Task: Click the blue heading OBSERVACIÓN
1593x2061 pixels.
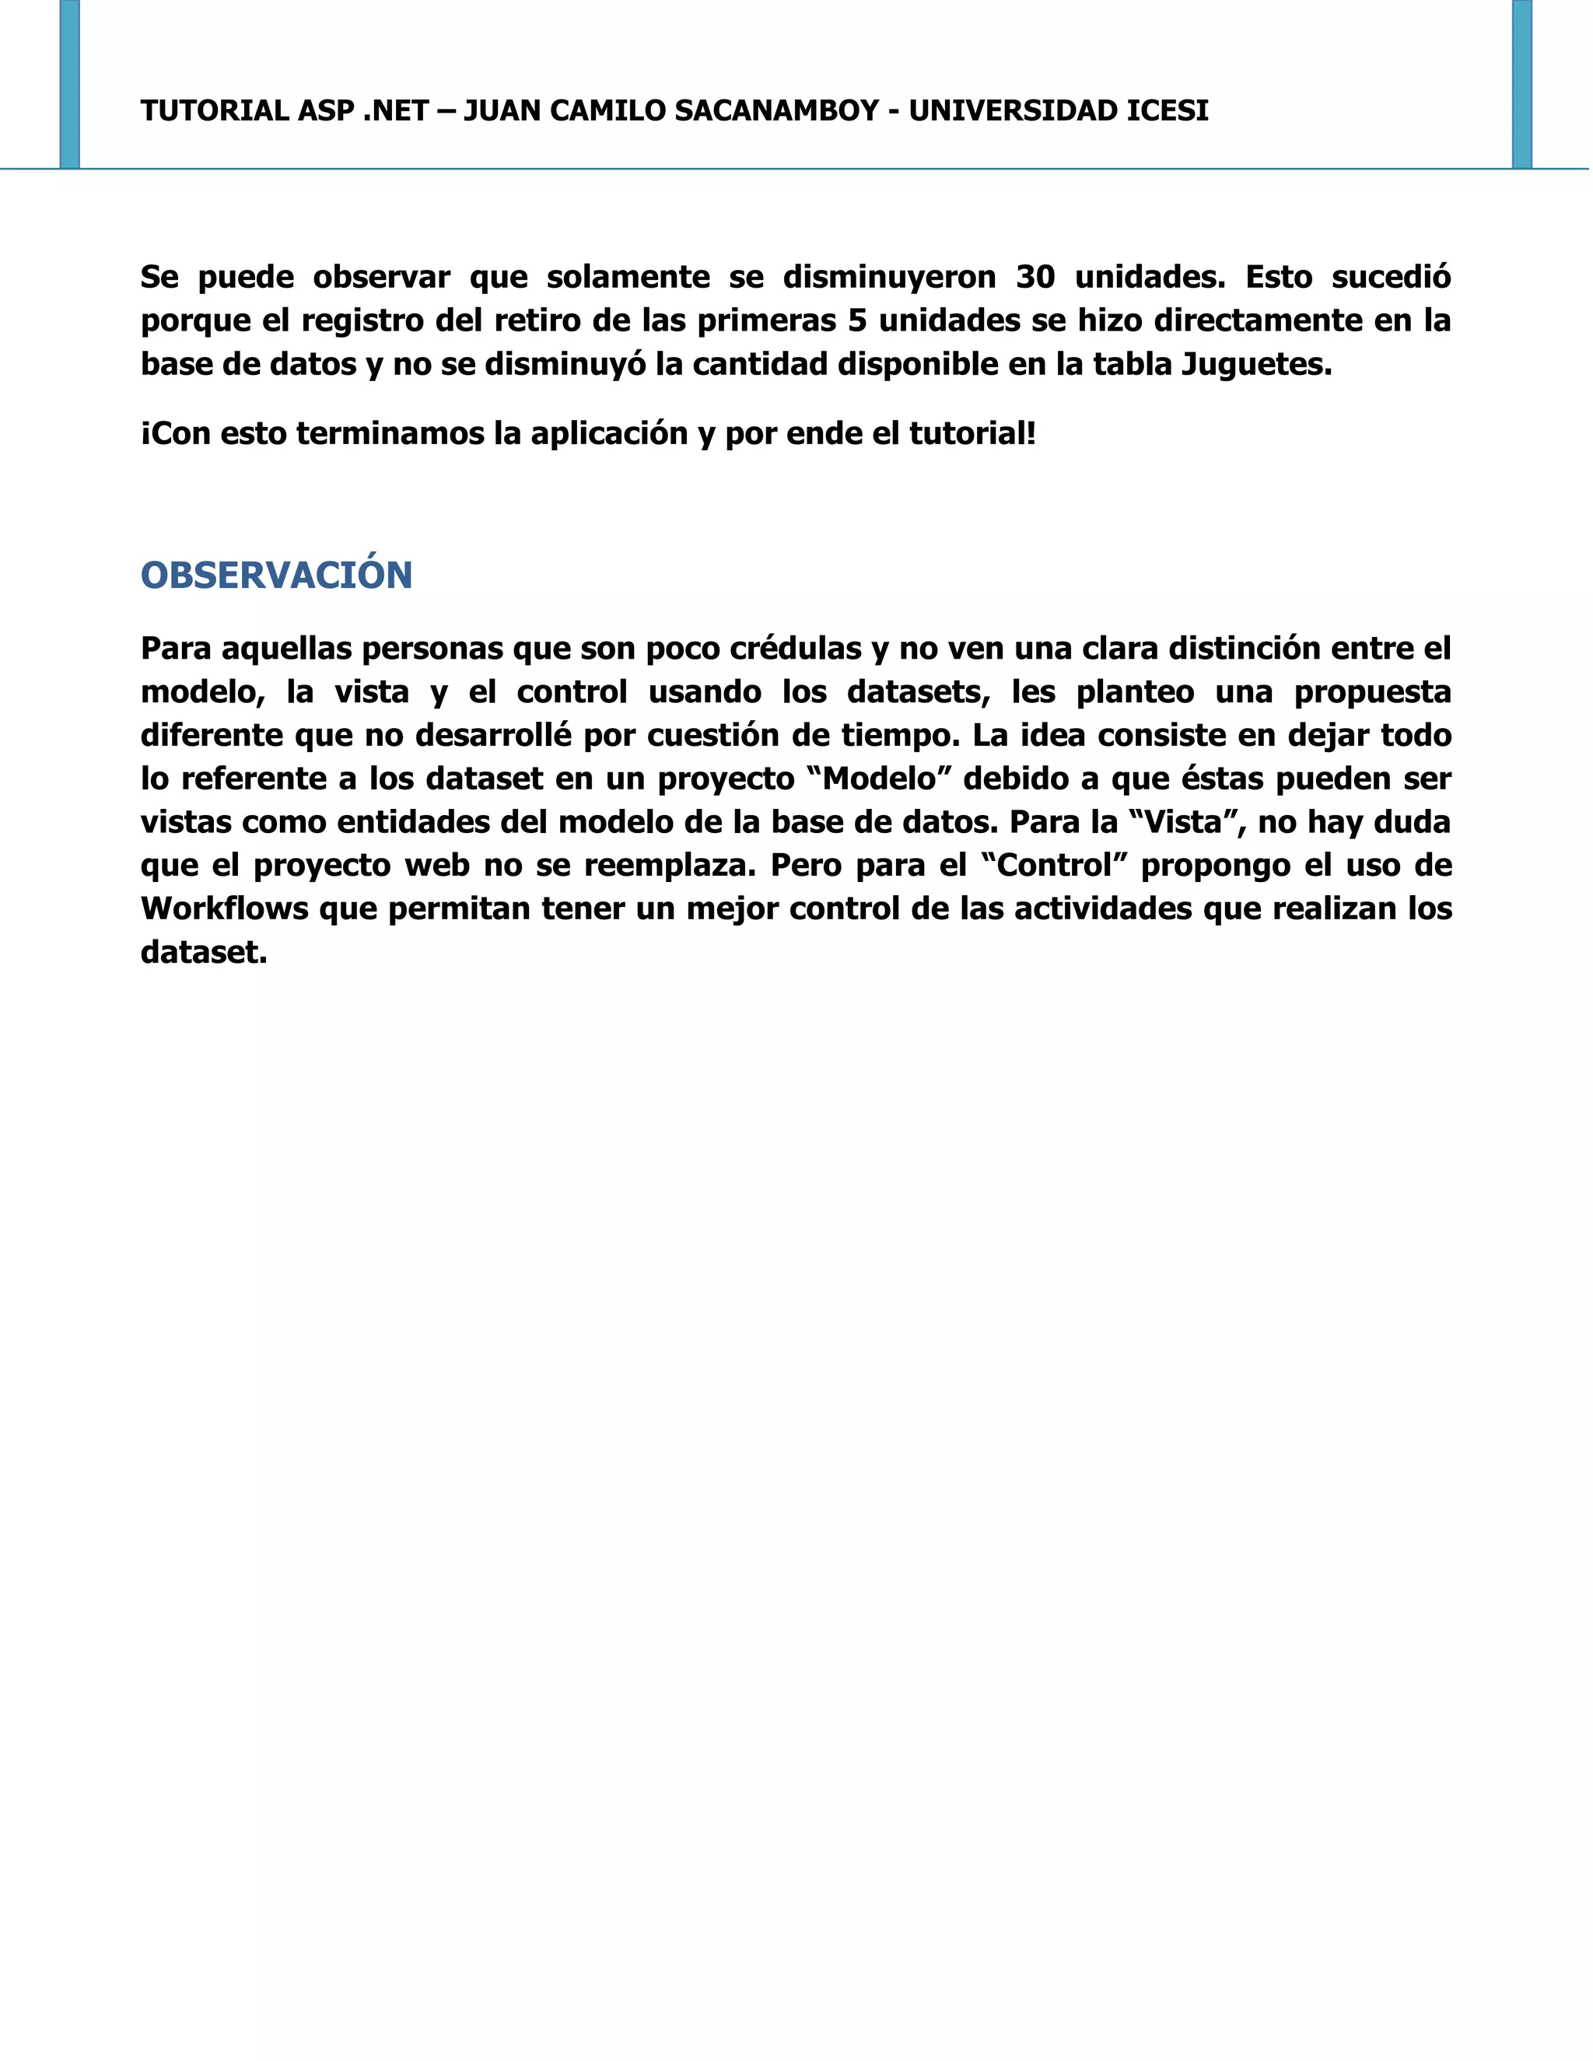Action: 276,576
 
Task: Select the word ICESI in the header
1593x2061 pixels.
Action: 1168,111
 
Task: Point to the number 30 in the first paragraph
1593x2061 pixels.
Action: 1035,278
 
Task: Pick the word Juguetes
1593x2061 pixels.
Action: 1256,364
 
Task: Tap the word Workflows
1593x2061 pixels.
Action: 225,908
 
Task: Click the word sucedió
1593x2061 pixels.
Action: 1391,278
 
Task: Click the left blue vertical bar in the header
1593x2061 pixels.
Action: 70,84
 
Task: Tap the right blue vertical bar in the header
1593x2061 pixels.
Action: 1521,84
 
